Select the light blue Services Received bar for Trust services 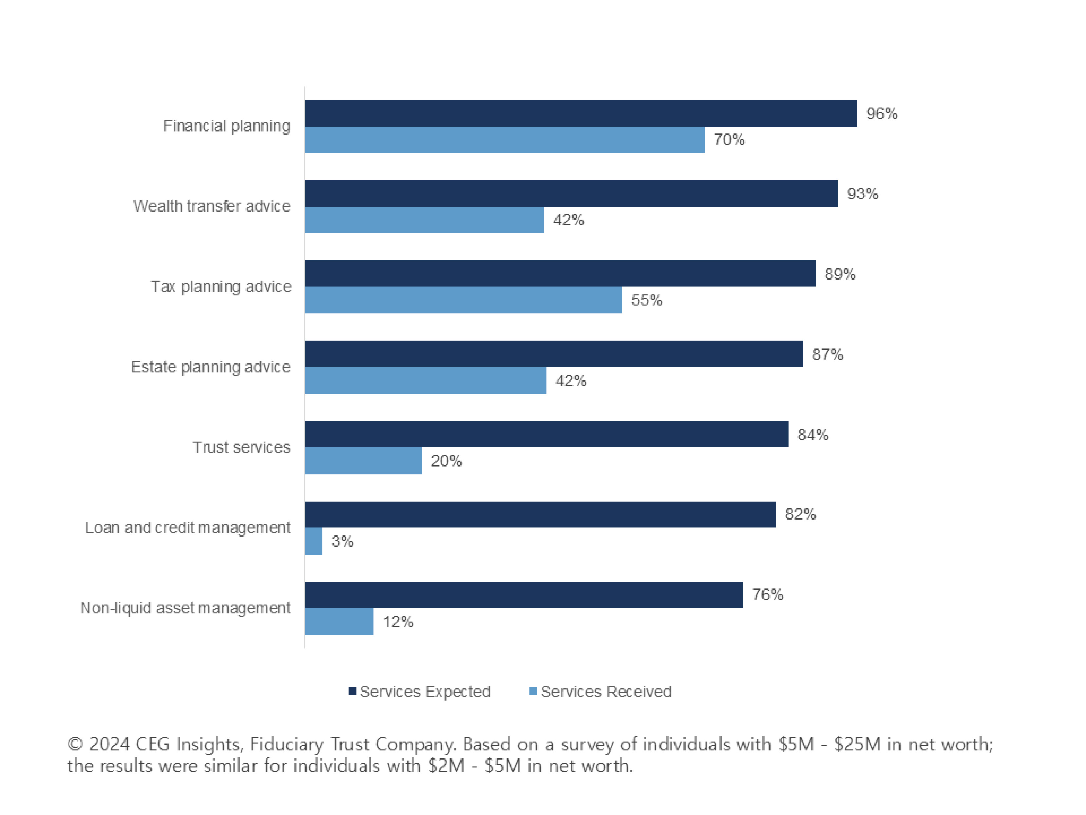click(x=363, y=461)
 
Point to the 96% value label click(x=882, y=113)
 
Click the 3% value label click(x=342, y=541)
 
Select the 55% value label click(x=647, y=300)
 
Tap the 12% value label click(x=398, y=622)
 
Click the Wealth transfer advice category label click(x=212, y=206)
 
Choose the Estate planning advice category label click(x=211, y=367)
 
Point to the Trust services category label click(x=241, y=447)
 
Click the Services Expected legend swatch click(x=352, y=691)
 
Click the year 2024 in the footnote click(x=109, y=744)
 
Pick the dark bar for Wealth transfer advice click(x=571, y=193)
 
